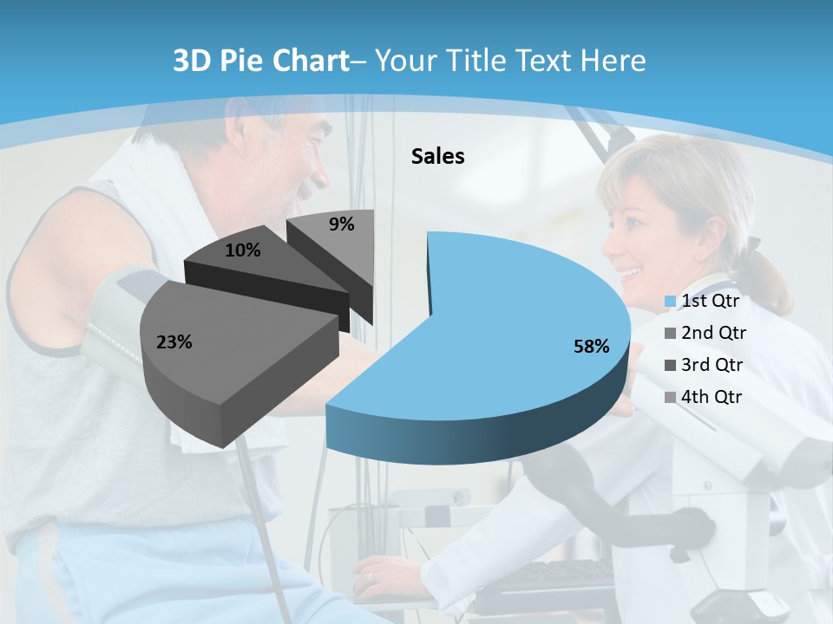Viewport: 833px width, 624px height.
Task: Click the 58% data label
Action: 591,347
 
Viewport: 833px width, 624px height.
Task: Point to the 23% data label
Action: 174,342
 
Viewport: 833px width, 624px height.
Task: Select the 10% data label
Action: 242,250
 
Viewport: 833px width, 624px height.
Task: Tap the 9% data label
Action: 341,224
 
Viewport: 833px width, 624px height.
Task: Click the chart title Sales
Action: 437,156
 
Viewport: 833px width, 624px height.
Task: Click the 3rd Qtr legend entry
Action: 712,365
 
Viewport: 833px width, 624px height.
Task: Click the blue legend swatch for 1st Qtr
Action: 670,302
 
